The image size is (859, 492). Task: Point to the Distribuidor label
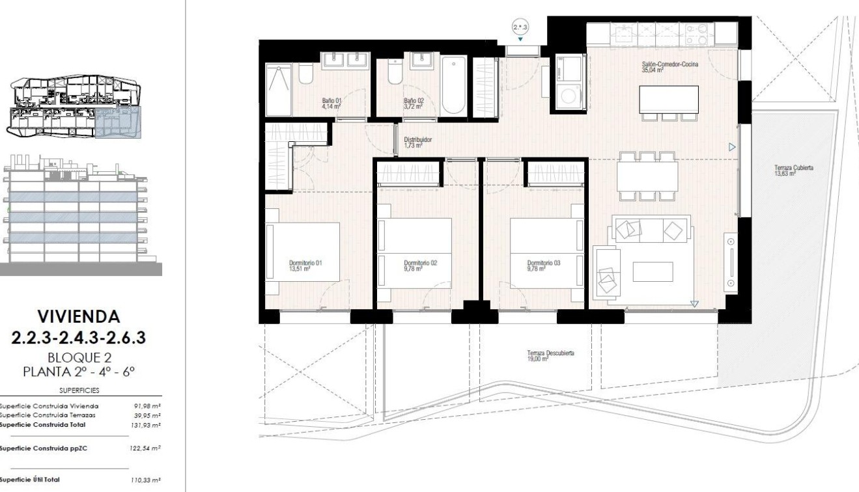tap(418, 143)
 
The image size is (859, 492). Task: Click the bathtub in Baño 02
tap(453, 84)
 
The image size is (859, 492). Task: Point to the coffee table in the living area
tap(653, 271)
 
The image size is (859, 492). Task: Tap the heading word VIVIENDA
tap(80, 317)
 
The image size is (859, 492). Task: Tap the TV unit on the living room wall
tap(730, 263)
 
